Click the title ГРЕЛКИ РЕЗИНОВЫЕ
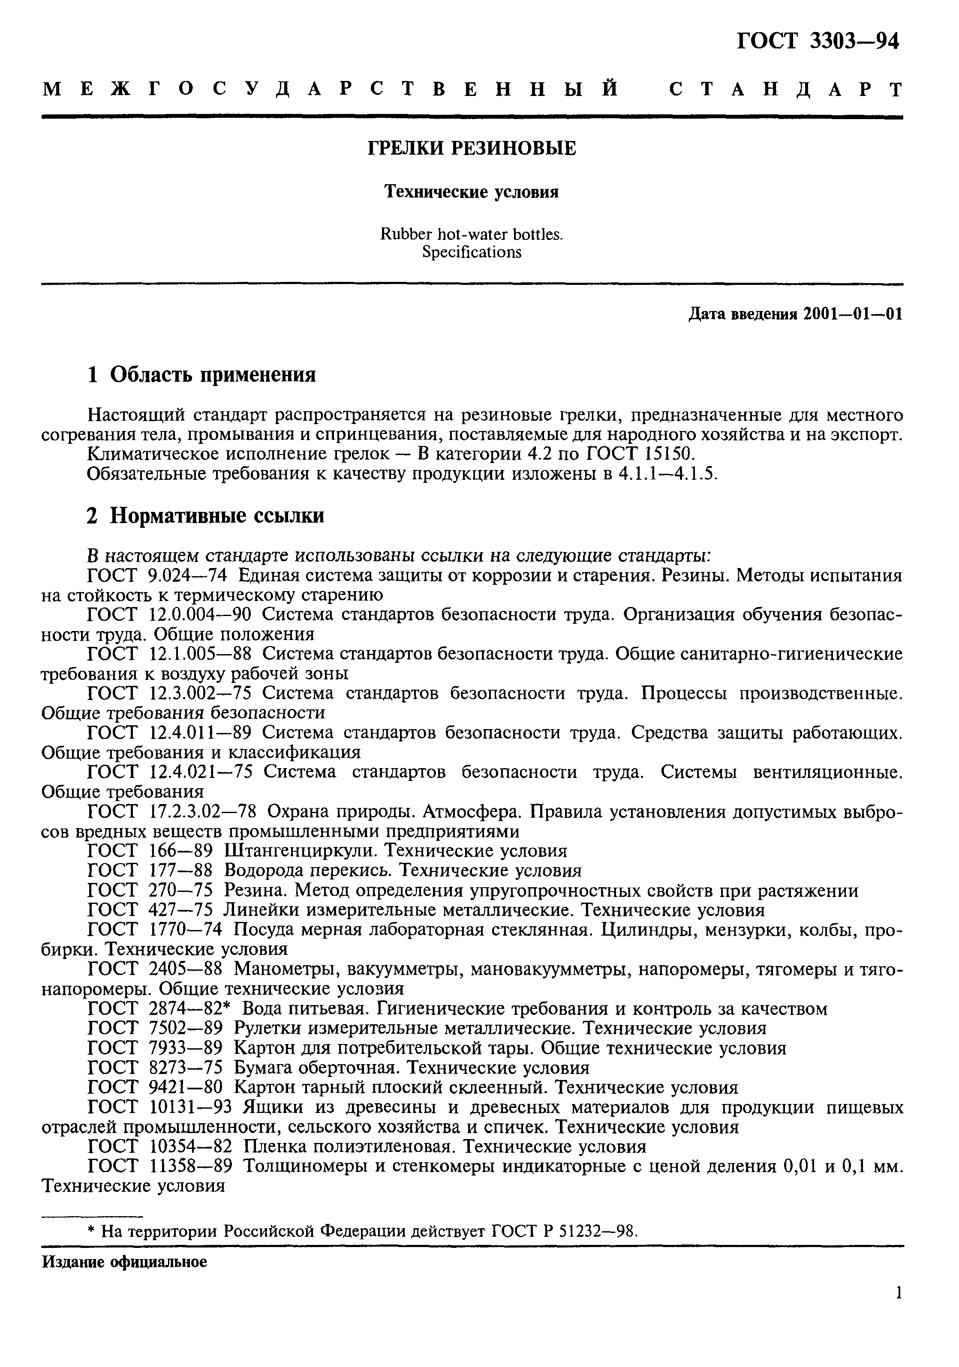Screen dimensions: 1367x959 click(471, 148)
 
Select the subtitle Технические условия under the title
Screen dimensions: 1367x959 click(471, 192)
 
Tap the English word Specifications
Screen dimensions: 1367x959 click(471, 252)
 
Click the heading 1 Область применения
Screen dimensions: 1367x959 click(201, 374)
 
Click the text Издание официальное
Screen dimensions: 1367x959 click(124, 1262)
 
